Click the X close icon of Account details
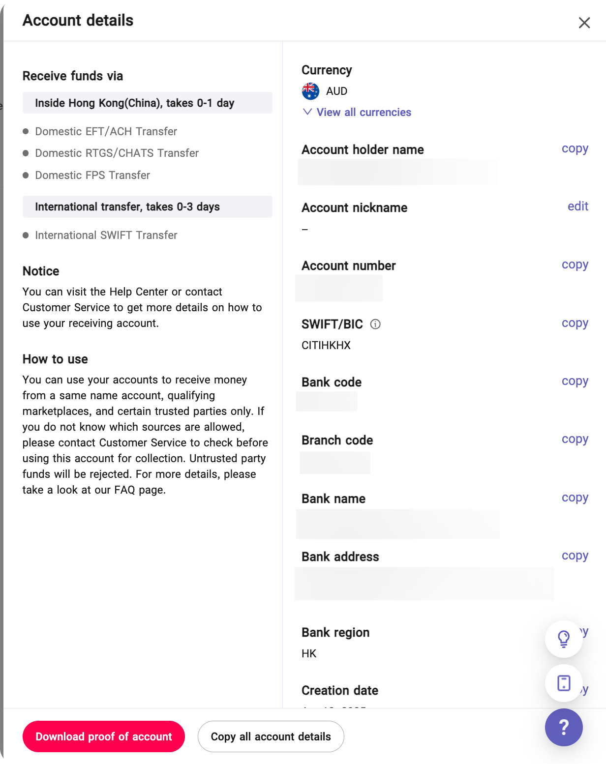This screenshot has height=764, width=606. pos(584,23)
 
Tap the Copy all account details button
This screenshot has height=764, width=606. pos(271,736)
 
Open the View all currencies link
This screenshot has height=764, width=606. pos(364,112)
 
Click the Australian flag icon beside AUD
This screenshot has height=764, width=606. pos(310,91)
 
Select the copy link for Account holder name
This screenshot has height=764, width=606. pos(575,148)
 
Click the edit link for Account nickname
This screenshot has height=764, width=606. pos(577,206)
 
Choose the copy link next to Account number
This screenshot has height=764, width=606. pos(575,264)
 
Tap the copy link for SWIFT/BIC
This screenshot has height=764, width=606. pos(575,323)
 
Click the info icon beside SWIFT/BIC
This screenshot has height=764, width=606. pos(375,324)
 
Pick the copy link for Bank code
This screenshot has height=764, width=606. pos(575,381)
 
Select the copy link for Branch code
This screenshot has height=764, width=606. pos(575,439)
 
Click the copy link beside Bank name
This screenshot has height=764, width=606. pos(575,498)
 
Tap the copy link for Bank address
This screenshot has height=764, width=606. pos(575,556)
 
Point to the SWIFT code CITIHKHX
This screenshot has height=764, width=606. pos(326,345)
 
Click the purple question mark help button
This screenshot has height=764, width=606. pos(564,727)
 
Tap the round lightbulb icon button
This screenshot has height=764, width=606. pos(564,639)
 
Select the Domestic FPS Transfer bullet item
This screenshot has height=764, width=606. pos(92,175)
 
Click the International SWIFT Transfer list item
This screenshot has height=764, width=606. pos(106,235)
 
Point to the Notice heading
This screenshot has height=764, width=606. pos(41,271)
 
